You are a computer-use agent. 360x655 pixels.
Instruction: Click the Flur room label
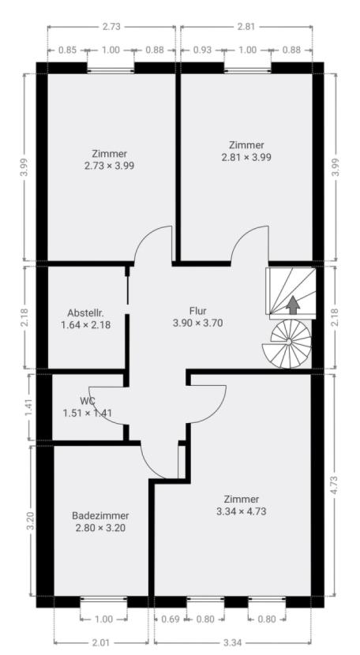tap(198, 311)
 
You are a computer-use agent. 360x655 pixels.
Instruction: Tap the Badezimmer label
tap(100, 516)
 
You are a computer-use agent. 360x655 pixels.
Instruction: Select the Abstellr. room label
tap(86, 313)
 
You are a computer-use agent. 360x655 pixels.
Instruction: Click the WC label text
tap(88, 401)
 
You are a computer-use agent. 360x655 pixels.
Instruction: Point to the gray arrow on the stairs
tap(293, 305)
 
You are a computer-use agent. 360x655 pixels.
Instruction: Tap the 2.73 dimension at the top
tap(111, 27)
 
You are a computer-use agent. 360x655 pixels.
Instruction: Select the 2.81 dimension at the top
tap(246, 27)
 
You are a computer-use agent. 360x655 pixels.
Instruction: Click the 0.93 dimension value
tap(202, 51)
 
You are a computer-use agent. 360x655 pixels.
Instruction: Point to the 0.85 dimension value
tap(67, 51)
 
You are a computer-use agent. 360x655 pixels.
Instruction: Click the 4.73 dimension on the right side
tap(334, 485)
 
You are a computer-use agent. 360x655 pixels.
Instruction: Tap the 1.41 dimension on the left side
tap(28, 407)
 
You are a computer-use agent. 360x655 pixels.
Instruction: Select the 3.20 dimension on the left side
tap(30, 521)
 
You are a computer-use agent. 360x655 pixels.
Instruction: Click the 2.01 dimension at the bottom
tap(101, 642)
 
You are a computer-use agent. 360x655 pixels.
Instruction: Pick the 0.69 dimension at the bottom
tap(171, 619)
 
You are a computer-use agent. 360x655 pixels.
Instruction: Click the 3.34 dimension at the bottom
tap(232, 642)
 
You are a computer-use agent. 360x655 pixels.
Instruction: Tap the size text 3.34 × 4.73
tap(242, 511)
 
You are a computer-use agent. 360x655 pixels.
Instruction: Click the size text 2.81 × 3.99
tap(246, 157)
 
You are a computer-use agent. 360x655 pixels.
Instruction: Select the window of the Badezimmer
tap(103, 601)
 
